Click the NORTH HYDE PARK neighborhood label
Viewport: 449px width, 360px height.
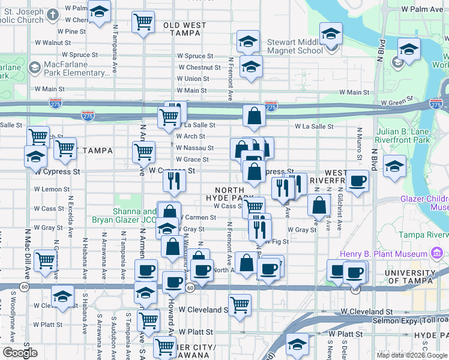pyautogui.click(x=226, y=194)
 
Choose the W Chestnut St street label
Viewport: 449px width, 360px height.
pyautogui.click(x=197, y=68)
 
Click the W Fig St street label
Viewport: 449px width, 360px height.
pyautogui.click(x=275, y=242)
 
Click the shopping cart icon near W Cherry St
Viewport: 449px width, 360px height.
pyautogui.click(x=143, y=23)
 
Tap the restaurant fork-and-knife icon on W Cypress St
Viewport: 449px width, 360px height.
pyautogui.click(x=174, y=181)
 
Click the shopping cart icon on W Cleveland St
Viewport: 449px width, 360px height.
pyautogui.click(x=240, y=304)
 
